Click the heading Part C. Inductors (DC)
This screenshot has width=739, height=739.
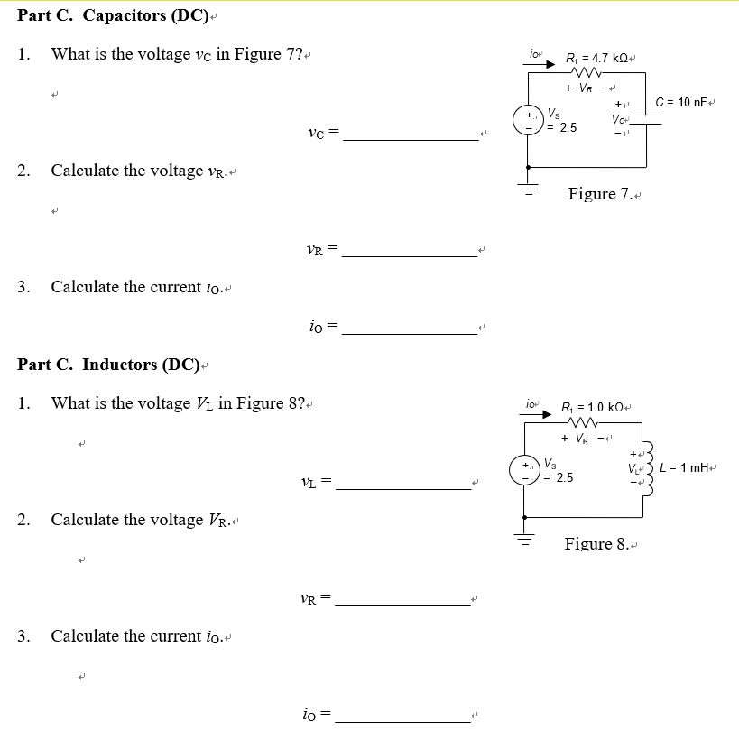coord(108,365)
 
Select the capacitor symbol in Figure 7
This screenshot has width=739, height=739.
coord(646,121)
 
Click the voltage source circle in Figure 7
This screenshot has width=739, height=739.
coord(527,121)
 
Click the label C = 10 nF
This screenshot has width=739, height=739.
coord(685,101)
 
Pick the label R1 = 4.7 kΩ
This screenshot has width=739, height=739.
coord(596,59)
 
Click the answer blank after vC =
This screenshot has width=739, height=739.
coord(411,137)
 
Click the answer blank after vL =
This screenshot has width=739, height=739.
coord(402,486)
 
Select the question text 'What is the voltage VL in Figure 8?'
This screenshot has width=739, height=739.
coord(181,403)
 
